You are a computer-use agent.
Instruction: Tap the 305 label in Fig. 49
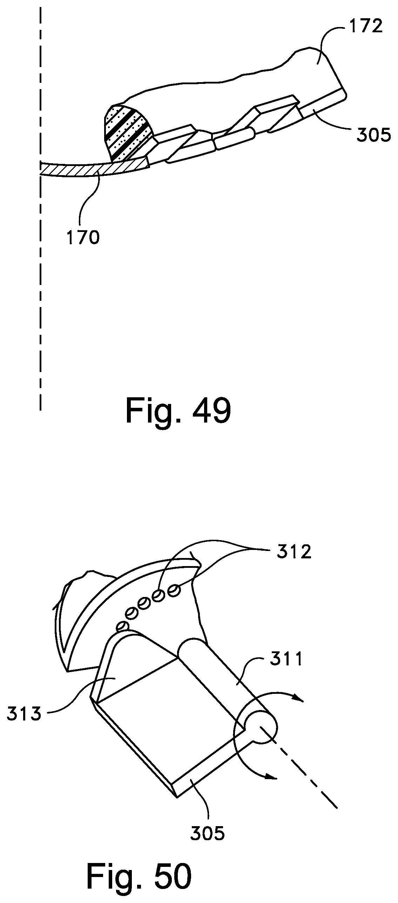point(373,135)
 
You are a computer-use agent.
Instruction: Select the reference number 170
point(83,238)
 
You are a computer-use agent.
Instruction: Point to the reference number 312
point(294,552)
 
